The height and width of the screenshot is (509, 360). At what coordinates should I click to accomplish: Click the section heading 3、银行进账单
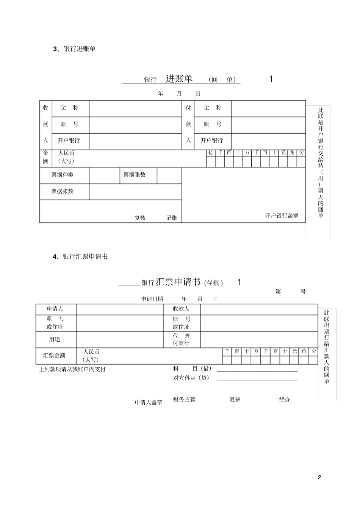(74, 49)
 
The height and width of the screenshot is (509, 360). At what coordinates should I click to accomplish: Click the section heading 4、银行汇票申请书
(80, 256)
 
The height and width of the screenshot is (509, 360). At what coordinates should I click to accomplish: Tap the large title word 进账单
(179, 78)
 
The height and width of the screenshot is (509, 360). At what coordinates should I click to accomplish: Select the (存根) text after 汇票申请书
(213, 283)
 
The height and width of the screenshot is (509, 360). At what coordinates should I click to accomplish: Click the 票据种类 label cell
(63, 175)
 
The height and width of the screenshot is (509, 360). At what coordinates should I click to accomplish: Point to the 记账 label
(171, 218)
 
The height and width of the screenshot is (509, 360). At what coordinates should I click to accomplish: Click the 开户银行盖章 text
(282, 215)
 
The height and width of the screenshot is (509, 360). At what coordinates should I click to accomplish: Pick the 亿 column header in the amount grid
(211, 153)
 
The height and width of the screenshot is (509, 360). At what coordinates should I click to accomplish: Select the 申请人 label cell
(55, 309)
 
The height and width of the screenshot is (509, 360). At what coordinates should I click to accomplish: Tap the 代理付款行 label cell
(182, 339)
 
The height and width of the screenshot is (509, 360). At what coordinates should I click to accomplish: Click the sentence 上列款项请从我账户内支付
(72, 369)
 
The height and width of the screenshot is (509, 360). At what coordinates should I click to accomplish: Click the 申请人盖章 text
(149, 403)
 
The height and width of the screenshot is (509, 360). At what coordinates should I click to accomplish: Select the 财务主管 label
(184, 399)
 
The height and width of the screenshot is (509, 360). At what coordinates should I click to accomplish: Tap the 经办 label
(285, 399)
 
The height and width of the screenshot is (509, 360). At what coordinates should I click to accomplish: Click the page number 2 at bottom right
(319, 477)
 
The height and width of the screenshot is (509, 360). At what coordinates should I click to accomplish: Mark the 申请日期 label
(152, 299)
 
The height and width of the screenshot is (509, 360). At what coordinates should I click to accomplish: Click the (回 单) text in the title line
(222, 80)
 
